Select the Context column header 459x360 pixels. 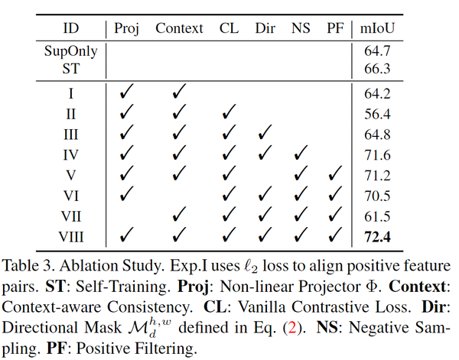[180, 28]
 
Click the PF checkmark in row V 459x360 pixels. [334, 175]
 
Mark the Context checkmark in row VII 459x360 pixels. [180, 216]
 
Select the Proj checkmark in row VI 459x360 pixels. [126, 196]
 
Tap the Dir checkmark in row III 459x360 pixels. [265, 135]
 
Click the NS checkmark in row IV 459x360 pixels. [300, 155]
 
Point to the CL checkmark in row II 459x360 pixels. [227, 114]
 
